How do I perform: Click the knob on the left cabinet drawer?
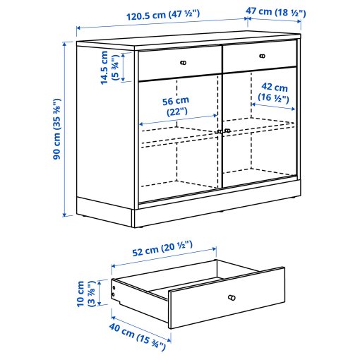pos(183,63)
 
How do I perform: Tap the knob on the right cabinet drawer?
pos(262,56)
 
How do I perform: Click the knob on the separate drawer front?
pos(230,297)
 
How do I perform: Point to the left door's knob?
pos(218,131)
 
